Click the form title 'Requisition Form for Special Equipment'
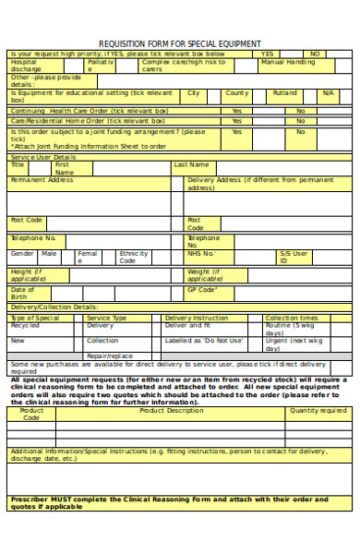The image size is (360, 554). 180,43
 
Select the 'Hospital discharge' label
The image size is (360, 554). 26,66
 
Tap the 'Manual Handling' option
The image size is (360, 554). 287,62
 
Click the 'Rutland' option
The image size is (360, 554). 285,93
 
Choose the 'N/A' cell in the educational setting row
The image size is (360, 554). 329,93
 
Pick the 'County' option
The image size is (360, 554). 237,93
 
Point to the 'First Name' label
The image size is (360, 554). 63,168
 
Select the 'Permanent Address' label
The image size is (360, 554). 42,180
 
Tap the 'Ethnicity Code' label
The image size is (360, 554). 134,257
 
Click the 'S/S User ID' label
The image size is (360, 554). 294,257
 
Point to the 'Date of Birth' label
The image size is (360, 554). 23,294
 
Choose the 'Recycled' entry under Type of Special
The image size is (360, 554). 25,326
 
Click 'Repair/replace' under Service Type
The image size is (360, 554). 109,355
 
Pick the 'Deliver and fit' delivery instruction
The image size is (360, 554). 187,326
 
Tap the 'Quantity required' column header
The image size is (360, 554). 318,411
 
